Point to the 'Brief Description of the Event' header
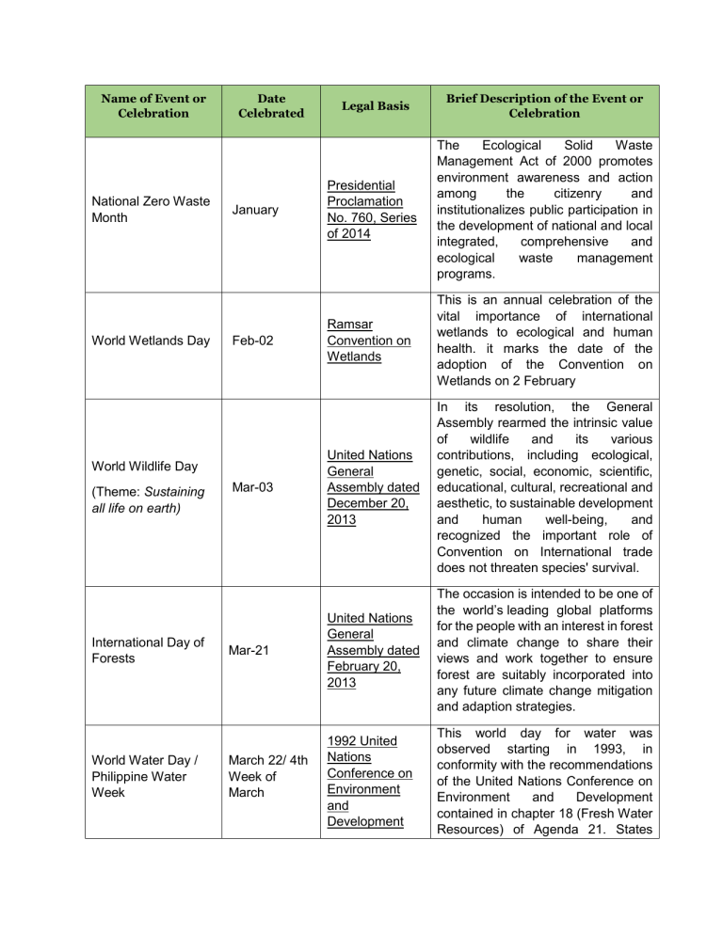[x=544, y=105]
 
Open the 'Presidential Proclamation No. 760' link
[x=368, y=210]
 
